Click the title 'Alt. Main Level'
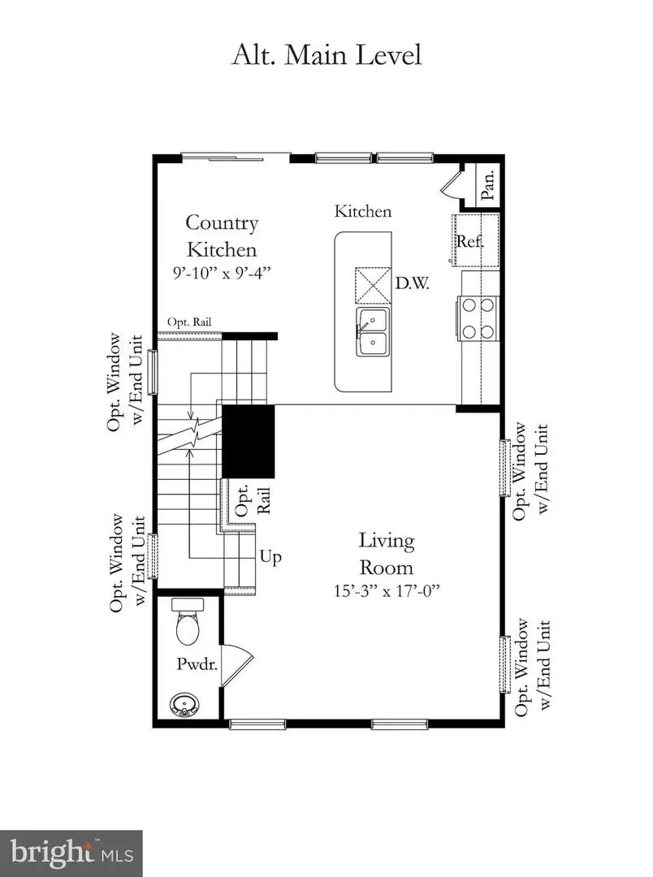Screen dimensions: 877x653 point(326,56)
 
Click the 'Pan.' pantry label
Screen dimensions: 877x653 point(489,182)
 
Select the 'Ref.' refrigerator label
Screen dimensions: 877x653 point(469,241)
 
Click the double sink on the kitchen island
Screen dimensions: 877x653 point(372,331)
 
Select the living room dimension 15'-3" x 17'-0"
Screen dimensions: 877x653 point(387,592)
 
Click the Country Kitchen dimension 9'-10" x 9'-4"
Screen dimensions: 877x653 point(222,272)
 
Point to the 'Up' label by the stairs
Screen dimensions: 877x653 point(270,557)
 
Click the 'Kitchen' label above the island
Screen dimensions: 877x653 point(364,211)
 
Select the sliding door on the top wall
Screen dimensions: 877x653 point(235,157)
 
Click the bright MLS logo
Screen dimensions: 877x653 point(71,853)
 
